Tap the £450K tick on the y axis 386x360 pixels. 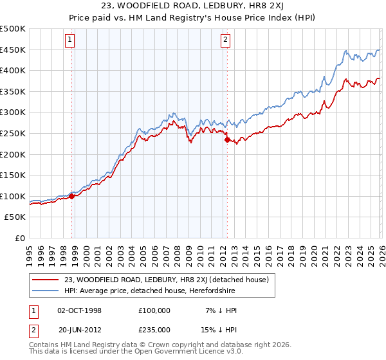13,50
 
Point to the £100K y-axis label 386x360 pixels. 13,197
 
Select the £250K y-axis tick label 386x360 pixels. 13,134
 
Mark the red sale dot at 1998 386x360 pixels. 72,196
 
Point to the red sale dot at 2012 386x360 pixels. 226,139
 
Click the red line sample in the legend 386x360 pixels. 46,279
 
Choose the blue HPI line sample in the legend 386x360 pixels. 46,291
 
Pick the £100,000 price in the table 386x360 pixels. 154,310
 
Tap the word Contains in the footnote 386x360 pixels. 46,346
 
